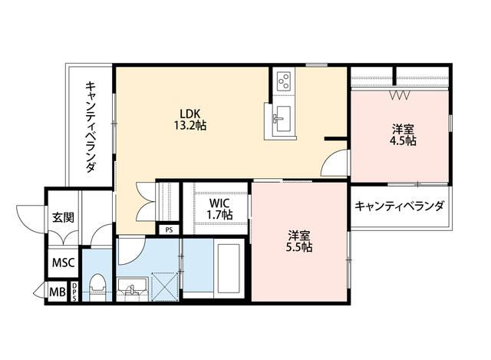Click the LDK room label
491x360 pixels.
pos(192,112)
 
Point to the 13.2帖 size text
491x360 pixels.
pos(192,124)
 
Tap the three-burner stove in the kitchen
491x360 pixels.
pos(282,80)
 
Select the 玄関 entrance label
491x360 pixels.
pos(63,216)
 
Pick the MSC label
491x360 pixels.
pos(63,263)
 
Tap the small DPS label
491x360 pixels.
pos(74,292)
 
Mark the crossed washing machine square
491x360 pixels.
pos(163,287)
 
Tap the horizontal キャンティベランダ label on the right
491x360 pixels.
pos(400,206)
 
